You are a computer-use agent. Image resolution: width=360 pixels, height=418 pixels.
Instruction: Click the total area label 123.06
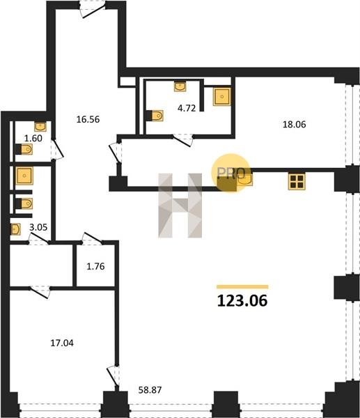click(x=242, y=301)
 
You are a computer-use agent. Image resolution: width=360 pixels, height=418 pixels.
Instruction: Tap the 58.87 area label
click(x=150, y=390)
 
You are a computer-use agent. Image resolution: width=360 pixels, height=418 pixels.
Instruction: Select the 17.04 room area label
click(x=62, y=343)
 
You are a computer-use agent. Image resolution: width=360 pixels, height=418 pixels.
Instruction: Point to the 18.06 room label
click(x=294, y=124)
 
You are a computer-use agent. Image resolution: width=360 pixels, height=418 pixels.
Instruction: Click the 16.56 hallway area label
click(x=88, y=119)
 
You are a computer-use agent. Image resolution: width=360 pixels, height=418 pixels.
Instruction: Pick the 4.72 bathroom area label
click(x=187, y=108)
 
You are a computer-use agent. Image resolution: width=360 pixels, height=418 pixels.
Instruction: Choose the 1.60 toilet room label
click(x=33, y=138)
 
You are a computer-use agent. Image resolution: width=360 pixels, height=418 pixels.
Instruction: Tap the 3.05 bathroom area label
click(x=38, y=227)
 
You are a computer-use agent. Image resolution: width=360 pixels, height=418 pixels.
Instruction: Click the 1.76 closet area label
click(x=95, y=266)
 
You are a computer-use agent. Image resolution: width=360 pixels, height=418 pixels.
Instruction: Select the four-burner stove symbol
click(x=297, y=182)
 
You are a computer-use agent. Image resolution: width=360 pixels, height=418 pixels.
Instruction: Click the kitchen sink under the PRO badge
click(x=244, y=180)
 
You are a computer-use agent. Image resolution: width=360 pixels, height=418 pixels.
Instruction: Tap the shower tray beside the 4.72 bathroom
click(x=221, y=97)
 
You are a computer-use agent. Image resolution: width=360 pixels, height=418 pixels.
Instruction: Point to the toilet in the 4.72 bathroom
click(x=155, y=116)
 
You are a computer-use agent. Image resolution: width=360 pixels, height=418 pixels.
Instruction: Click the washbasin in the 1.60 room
click(x=40, y=126)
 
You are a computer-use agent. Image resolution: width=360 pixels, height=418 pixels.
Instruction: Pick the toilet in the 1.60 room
click(x=24, y=149)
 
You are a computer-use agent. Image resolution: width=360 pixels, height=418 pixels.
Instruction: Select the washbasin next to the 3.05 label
click(x=15, y=229)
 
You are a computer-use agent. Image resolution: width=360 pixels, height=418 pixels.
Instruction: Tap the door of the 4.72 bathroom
click(x=183, y=140)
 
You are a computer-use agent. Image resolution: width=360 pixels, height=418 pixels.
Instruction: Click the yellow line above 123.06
click(x=242, y=287)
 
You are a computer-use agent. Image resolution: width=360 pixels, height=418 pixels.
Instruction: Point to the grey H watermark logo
click(x=180, y=206)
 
